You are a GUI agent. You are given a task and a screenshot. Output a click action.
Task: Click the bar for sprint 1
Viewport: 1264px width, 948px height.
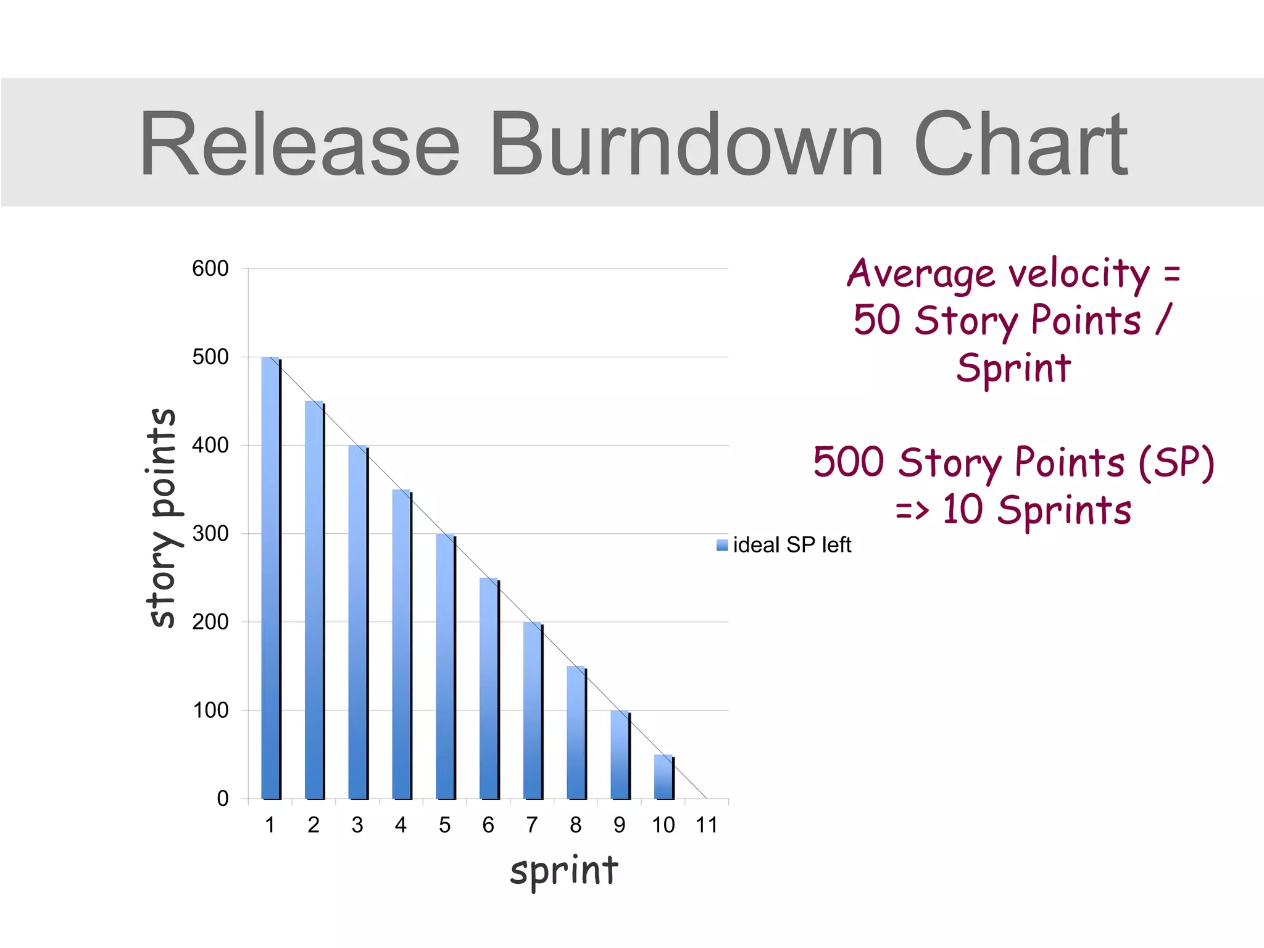271,578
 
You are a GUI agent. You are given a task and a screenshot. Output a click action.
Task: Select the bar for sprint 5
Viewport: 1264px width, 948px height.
446,667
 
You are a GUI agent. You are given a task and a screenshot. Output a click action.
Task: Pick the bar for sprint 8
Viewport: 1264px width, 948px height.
576,733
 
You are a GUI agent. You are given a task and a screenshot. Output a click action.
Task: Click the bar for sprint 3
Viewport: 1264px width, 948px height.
358,622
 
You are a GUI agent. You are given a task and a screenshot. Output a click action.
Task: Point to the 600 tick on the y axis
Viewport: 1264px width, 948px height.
210,268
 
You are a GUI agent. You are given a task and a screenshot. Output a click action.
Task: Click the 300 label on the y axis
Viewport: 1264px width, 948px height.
210,533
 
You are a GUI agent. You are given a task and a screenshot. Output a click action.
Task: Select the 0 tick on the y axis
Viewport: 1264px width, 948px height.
223,799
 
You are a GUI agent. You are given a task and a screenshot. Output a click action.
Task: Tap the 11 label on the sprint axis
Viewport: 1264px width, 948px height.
707,825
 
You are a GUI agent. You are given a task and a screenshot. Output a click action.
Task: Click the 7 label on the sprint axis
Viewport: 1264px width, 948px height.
532,825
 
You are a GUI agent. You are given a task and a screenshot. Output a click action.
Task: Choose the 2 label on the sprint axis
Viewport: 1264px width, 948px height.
314,825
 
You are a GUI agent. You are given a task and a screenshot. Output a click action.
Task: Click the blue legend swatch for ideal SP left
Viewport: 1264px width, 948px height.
722,545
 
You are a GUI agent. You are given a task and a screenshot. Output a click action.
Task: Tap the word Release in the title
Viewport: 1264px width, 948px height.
300,144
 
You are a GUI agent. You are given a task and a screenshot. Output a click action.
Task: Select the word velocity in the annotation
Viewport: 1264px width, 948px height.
1079,273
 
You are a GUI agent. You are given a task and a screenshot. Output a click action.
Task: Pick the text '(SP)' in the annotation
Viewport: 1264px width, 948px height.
1176,462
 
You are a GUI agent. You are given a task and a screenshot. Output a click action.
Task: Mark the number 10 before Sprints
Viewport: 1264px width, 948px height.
962,510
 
